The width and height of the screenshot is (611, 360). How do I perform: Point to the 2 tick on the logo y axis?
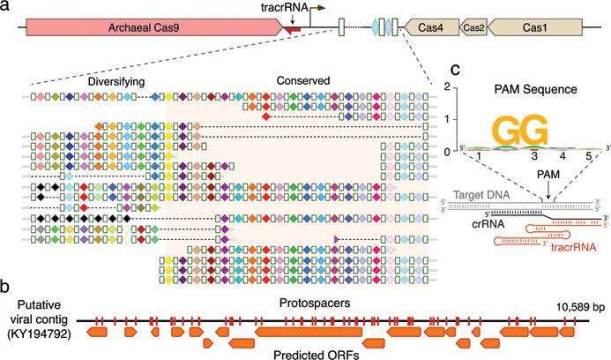(x=448, y=86)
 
